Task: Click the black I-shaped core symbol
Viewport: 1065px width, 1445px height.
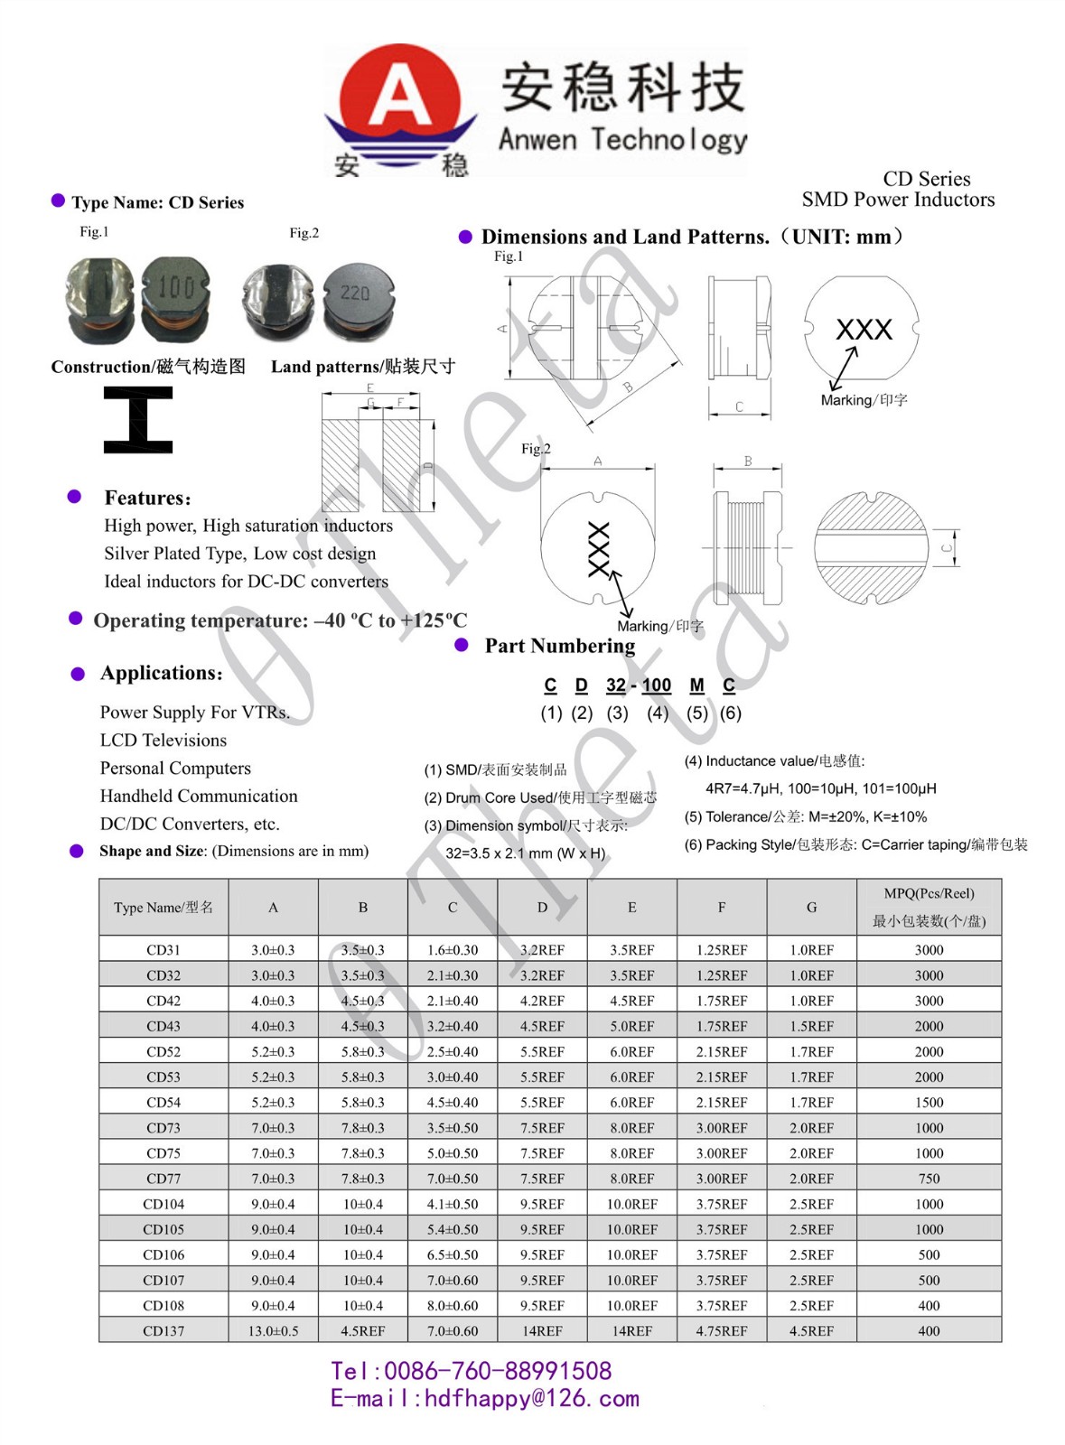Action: [x=137, y=419]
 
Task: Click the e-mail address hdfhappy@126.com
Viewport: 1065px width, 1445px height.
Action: [x=531, y=1399]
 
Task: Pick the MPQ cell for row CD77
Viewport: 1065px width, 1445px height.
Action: [x=929, y=1179]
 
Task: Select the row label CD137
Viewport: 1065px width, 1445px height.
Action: [x=163, y=1330]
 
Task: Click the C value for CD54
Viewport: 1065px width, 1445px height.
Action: [x=453, y=1103]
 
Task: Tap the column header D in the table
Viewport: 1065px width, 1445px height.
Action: [x=542, y=908]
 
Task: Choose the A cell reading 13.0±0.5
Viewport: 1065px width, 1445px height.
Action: [x=273, y=1330]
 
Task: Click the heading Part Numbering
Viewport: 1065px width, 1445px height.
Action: [x=559, y=646]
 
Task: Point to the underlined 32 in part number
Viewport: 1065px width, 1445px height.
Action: [x=616, y=685]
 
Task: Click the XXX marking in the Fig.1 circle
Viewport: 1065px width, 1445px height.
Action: [x=864, y=330]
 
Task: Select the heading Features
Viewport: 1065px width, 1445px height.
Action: [x=148, y=498]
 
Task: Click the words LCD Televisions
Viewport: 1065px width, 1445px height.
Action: [x=163, y=741]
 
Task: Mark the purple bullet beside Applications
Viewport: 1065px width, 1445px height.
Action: [x=78, y=674]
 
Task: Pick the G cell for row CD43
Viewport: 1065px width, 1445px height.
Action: [x=811, y=1027]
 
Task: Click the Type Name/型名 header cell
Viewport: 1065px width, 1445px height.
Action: [x=163, y=908]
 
